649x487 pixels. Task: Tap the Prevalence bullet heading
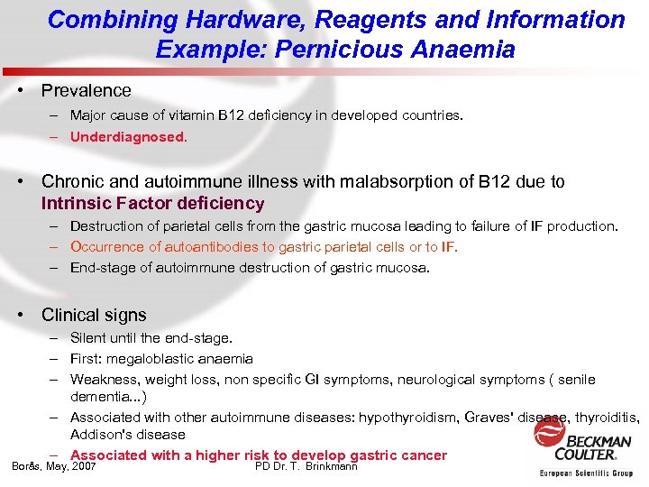click(x=86, y=90)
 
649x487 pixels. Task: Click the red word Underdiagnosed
click(x=128, y=137)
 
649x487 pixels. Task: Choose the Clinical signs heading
click(x=94, y=315)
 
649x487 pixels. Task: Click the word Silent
click(x=89, y=338)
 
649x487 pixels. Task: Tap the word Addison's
click(x=99, y=434)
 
